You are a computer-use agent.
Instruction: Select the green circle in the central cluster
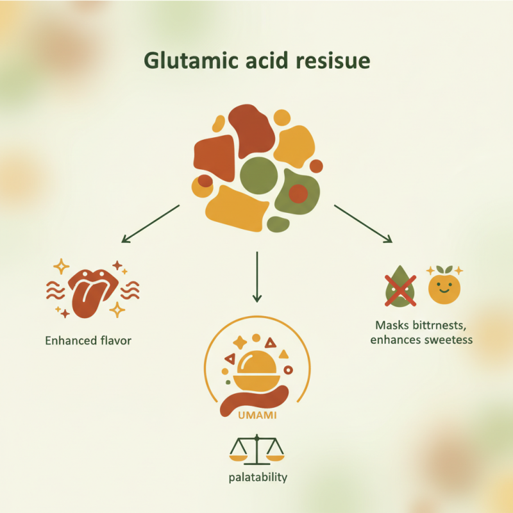[258, 174]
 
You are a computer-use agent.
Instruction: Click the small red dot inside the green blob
[298, 192]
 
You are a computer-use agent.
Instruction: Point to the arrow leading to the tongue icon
[151, 224]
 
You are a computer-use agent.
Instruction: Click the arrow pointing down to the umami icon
[256, 276]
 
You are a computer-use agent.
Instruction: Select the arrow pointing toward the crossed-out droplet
[362, 224]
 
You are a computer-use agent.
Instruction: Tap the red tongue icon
[89, 292]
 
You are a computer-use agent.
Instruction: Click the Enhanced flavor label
[88, 341]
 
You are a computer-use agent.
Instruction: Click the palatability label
[256, 478]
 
